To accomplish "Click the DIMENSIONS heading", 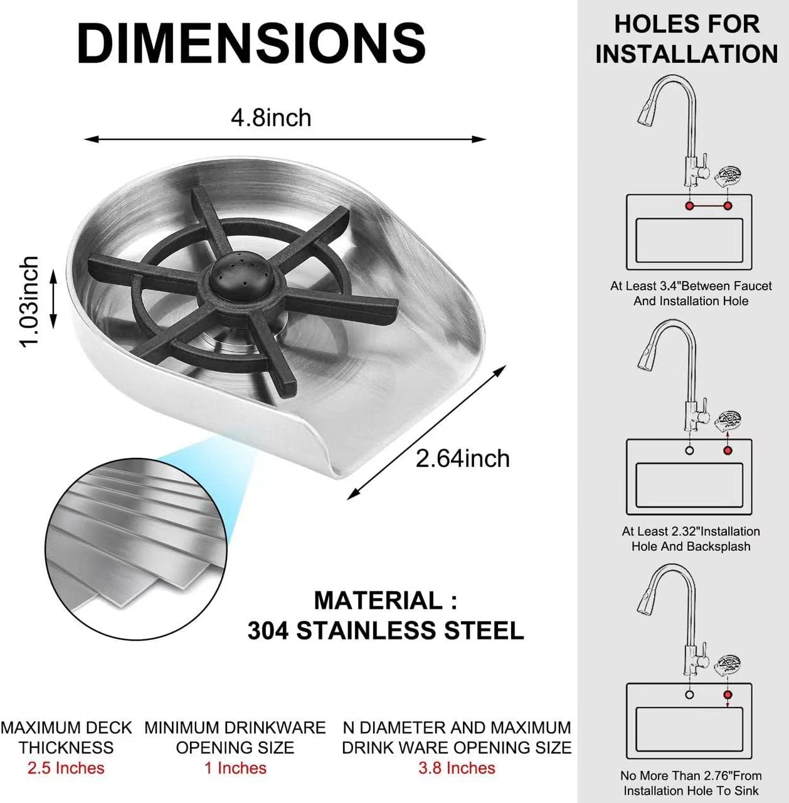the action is click(x=252, y=44).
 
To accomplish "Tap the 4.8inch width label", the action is click(x=272, y=118).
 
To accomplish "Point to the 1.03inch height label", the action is click(x=29, y=301).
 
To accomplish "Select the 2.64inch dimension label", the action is click(x=463, y=459).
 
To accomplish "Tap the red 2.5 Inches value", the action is click(x=66, y=768).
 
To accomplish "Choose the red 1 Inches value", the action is click(x=235, y=768).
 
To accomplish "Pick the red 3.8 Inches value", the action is click(x=457, y=768).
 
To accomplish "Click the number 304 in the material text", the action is click(x=268, y=630).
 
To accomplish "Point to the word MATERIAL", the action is click(x=378, y=600).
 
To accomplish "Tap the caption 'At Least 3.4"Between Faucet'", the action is click(x=691, y=286).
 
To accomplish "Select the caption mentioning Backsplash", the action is click(x=691, y=539).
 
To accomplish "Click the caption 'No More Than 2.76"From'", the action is click(x=691, y=775).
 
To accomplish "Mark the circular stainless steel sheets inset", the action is click(x=136, y=549).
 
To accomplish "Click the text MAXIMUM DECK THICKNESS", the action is click(x=66, y=738).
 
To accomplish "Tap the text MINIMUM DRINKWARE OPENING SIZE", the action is click(x=235, y=738).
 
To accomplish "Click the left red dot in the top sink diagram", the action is click(x=690, y=206).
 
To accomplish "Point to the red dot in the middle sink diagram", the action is click(x=728, y=450).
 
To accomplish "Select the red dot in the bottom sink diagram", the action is click(x=728, y=694).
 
